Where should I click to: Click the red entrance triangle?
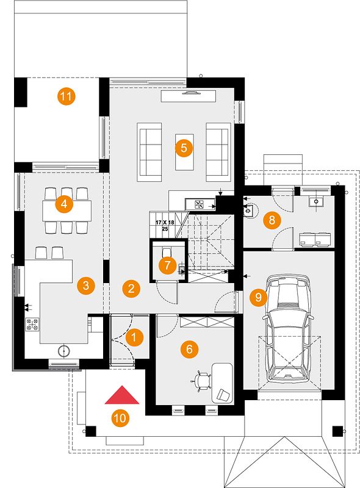[x=122, y=396]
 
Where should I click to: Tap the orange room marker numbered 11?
[x=66, y=96]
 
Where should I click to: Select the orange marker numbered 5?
[x=184, y=148]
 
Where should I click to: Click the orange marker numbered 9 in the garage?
[x=258, y=298]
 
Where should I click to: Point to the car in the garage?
[x=288, y=328]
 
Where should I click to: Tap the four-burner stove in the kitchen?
[x=32, y=324]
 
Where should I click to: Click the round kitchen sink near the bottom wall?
[x=64, y=351]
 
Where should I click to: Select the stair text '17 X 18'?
[x=165, y=223]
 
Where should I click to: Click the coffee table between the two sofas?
[x=184, y=152]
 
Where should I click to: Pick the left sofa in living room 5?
[x=149, y=152]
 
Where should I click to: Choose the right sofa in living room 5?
[x=218, y=152]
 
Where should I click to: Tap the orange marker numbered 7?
[x=167, y=265]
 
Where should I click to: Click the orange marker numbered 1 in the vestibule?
[x=134, y=337]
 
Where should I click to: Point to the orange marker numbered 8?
[x=272, y=220]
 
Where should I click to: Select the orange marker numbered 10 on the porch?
[x=120, y=418]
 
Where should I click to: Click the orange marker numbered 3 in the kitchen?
[x=86, y=285]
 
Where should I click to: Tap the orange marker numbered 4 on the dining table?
[x=64, y=204]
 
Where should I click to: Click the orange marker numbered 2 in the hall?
[x=131, y=289]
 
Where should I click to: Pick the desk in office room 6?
[x=222, y=383]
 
